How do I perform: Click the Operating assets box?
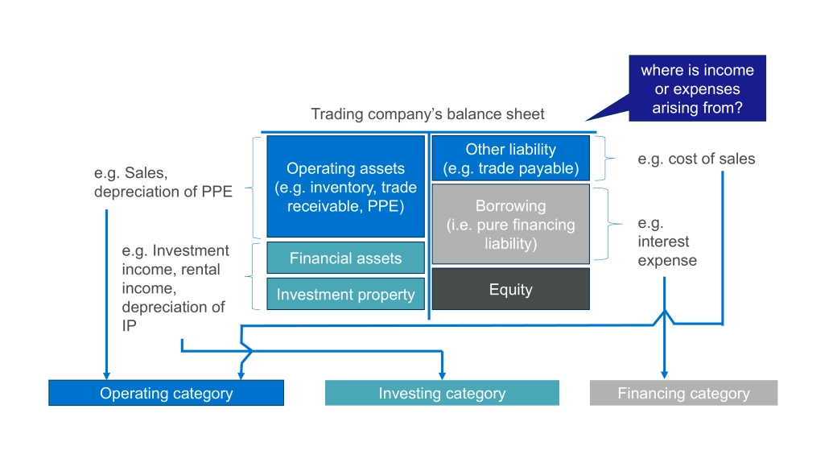coord(345,186)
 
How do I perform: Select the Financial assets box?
coord(345,258)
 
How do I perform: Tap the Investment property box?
coord(345,294)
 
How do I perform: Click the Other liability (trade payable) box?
coord(511,158)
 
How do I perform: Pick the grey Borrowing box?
coord(511,225)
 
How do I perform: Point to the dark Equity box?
coord(511,289)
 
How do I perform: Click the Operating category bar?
coord(166,393)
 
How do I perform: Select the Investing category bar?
coord(442,393)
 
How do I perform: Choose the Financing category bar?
coord(683,393)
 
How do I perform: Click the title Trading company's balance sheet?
coord(427,114)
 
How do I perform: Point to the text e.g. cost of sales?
coord(696,159)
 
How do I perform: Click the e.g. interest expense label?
coord(667,242)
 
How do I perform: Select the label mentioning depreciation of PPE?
coord(163,182)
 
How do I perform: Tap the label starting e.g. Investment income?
coord(175,288)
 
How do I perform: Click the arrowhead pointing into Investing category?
coord(442,375)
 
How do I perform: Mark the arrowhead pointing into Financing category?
coord(665,374)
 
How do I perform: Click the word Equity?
coord(511,289)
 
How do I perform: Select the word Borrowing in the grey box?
coord(511,205)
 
